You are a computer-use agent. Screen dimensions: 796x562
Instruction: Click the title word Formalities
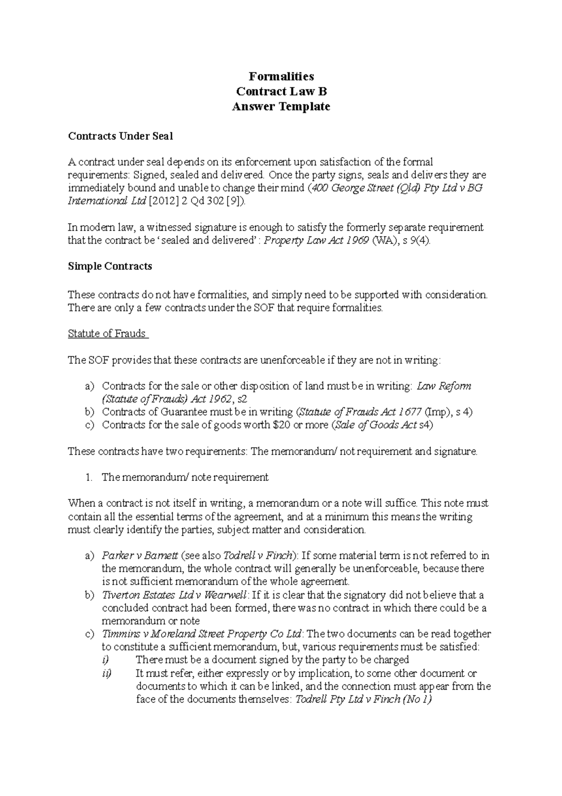tap(281, 76)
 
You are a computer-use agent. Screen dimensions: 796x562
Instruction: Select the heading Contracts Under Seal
tap(120, 136)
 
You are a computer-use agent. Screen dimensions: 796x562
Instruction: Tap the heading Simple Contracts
tap(110, 266)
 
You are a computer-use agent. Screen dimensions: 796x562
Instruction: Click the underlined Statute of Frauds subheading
tap(107, 333)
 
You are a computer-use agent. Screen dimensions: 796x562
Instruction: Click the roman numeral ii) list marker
tap(106, 673)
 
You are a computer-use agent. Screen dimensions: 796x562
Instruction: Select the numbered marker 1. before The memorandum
tap(89, 477)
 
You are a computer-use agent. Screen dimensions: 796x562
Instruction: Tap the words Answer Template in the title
tap(281, 106)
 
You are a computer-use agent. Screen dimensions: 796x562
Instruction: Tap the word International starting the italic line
tap(97, 201)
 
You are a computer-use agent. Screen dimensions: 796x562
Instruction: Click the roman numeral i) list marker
tap(105, 660)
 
